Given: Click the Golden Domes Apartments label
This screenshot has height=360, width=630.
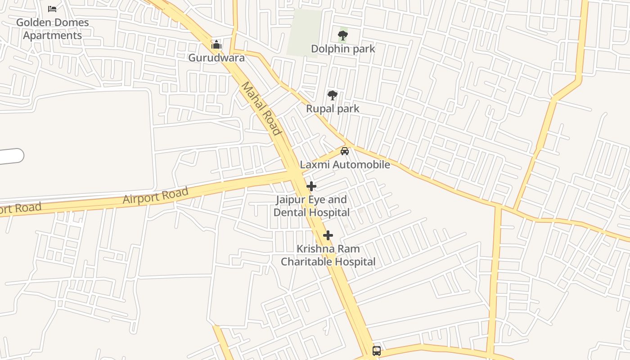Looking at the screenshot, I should (x=53, y=29).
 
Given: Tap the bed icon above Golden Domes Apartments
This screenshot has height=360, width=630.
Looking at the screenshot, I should (x=52, y=9).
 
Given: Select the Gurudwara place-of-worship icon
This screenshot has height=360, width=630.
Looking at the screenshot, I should (x=216, y=45).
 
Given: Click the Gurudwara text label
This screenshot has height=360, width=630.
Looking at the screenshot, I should (x=216, y=58).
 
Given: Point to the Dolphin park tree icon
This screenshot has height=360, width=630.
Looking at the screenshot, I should (x=343, y=35).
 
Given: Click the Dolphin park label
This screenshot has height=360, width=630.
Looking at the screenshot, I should (x=343, y=49).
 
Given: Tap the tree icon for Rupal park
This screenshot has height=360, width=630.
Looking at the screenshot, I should (x=333, y=95).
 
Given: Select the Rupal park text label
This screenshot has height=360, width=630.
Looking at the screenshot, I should (x=333, y=108).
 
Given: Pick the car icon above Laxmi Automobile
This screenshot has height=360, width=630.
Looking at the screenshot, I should (x=345, y=151).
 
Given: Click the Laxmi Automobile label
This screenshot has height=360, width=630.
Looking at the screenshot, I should (x=345, y=165).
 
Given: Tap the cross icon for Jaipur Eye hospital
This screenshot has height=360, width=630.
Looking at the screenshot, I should (x=311, y=186).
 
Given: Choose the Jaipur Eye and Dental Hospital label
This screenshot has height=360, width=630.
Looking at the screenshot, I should (x=311, y=206).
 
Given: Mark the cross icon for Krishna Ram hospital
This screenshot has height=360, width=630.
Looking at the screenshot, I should (x=328, y=235).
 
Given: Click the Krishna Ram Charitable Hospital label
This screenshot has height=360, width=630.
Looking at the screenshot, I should (x=328, y=255).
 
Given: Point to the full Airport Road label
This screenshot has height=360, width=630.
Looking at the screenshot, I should (x=155, y=196).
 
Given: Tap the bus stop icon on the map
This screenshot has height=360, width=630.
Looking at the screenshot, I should (x=377, y=351).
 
